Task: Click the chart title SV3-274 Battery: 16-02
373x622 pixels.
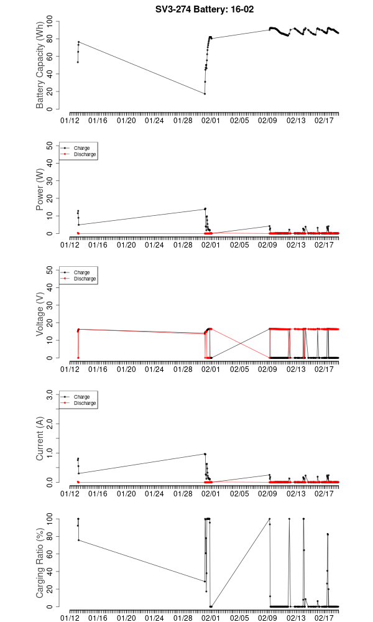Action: pos(205,9)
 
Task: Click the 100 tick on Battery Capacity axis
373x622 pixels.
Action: pos(51,22)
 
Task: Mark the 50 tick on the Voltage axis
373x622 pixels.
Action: pos(51,271)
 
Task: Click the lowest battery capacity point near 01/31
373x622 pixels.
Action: pos(205,94)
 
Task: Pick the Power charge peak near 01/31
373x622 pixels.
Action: pos(205,209)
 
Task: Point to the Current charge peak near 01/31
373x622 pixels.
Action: pos(205,454)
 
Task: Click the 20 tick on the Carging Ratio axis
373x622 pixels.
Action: pos(51,589)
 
